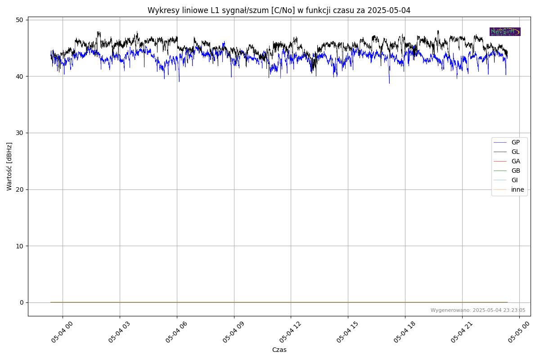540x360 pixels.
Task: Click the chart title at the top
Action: pyautogui.click(x=279, y=10)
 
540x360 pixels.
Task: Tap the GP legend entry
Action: pyautogui.click(x=515, y=142)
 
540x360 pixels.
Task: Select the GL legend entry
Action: pyautogui.click(x=515, y=152)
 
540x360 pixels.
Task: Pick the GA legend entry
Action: pyautogui.click(x=515, y=161)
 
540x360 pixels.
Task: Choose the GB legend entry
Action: pyautogui.click(x=515, y=171)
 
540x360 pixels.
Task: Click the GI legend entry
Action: pyautogui.click(x=514, y=180)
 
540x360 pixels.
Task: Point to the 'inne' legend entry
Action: pyautogui.click(x=517, y=189)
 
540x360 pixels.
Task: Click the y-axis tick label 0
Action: pyautogui.click(x=21, y=302)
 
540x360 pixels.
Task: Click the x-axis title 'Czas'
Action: pyautogui.click(x=279, y=350)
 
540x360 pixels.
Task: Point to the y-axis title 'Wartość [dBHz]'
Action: pyautogui.click(x=9, y=166)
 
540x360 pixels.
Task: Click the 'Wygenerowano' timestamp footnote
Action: pyautogui.click(x=478, y=310)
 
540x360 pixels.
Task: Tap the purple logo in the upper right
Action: pyautogui.click(x=505, y=31)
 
